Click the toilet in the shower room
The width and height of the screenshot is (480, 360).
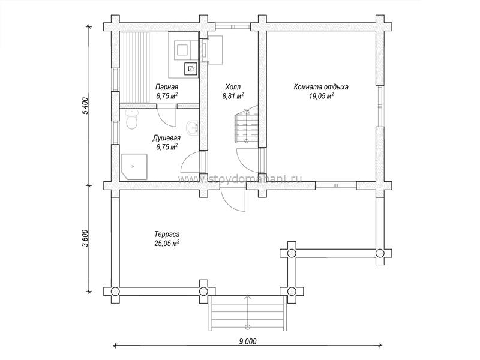point(131,120)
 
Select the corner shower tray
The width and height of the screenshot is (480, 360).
point(134,167)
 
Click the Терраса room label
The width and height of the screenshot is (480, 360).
point(167,235)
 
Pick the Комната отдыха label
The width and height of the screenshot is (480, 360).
point(321,87)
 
